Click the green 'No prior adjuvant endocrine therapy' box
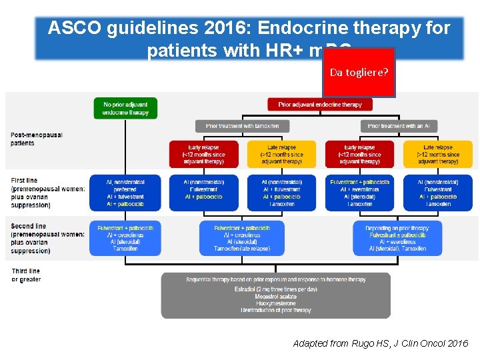pyautogui.click(x=125, y=108)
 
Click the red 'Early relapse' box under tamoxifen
pyautogui.click(x=203, y=154)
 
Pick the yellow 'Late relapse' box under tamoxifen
pyautogui.click(x=281, y=154)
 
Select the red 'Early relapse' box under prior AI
pyautogui.click(x=359, y=154)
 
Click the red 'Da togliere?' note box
pyautogui.click(x=359, y=73)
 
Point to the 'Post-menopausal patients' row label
pyautogui.click(x=37, y=139)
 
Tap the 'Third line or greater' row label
pyautogui.click(x=27, y=275)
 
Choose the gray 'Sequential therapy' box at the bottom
pyautogui.click(x=275, y=295)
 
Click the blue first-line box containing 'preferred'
pyautogui.click(x=125, y=193)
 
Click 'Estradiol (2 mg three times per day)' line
pyautogui.click(x=275, y=289)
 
